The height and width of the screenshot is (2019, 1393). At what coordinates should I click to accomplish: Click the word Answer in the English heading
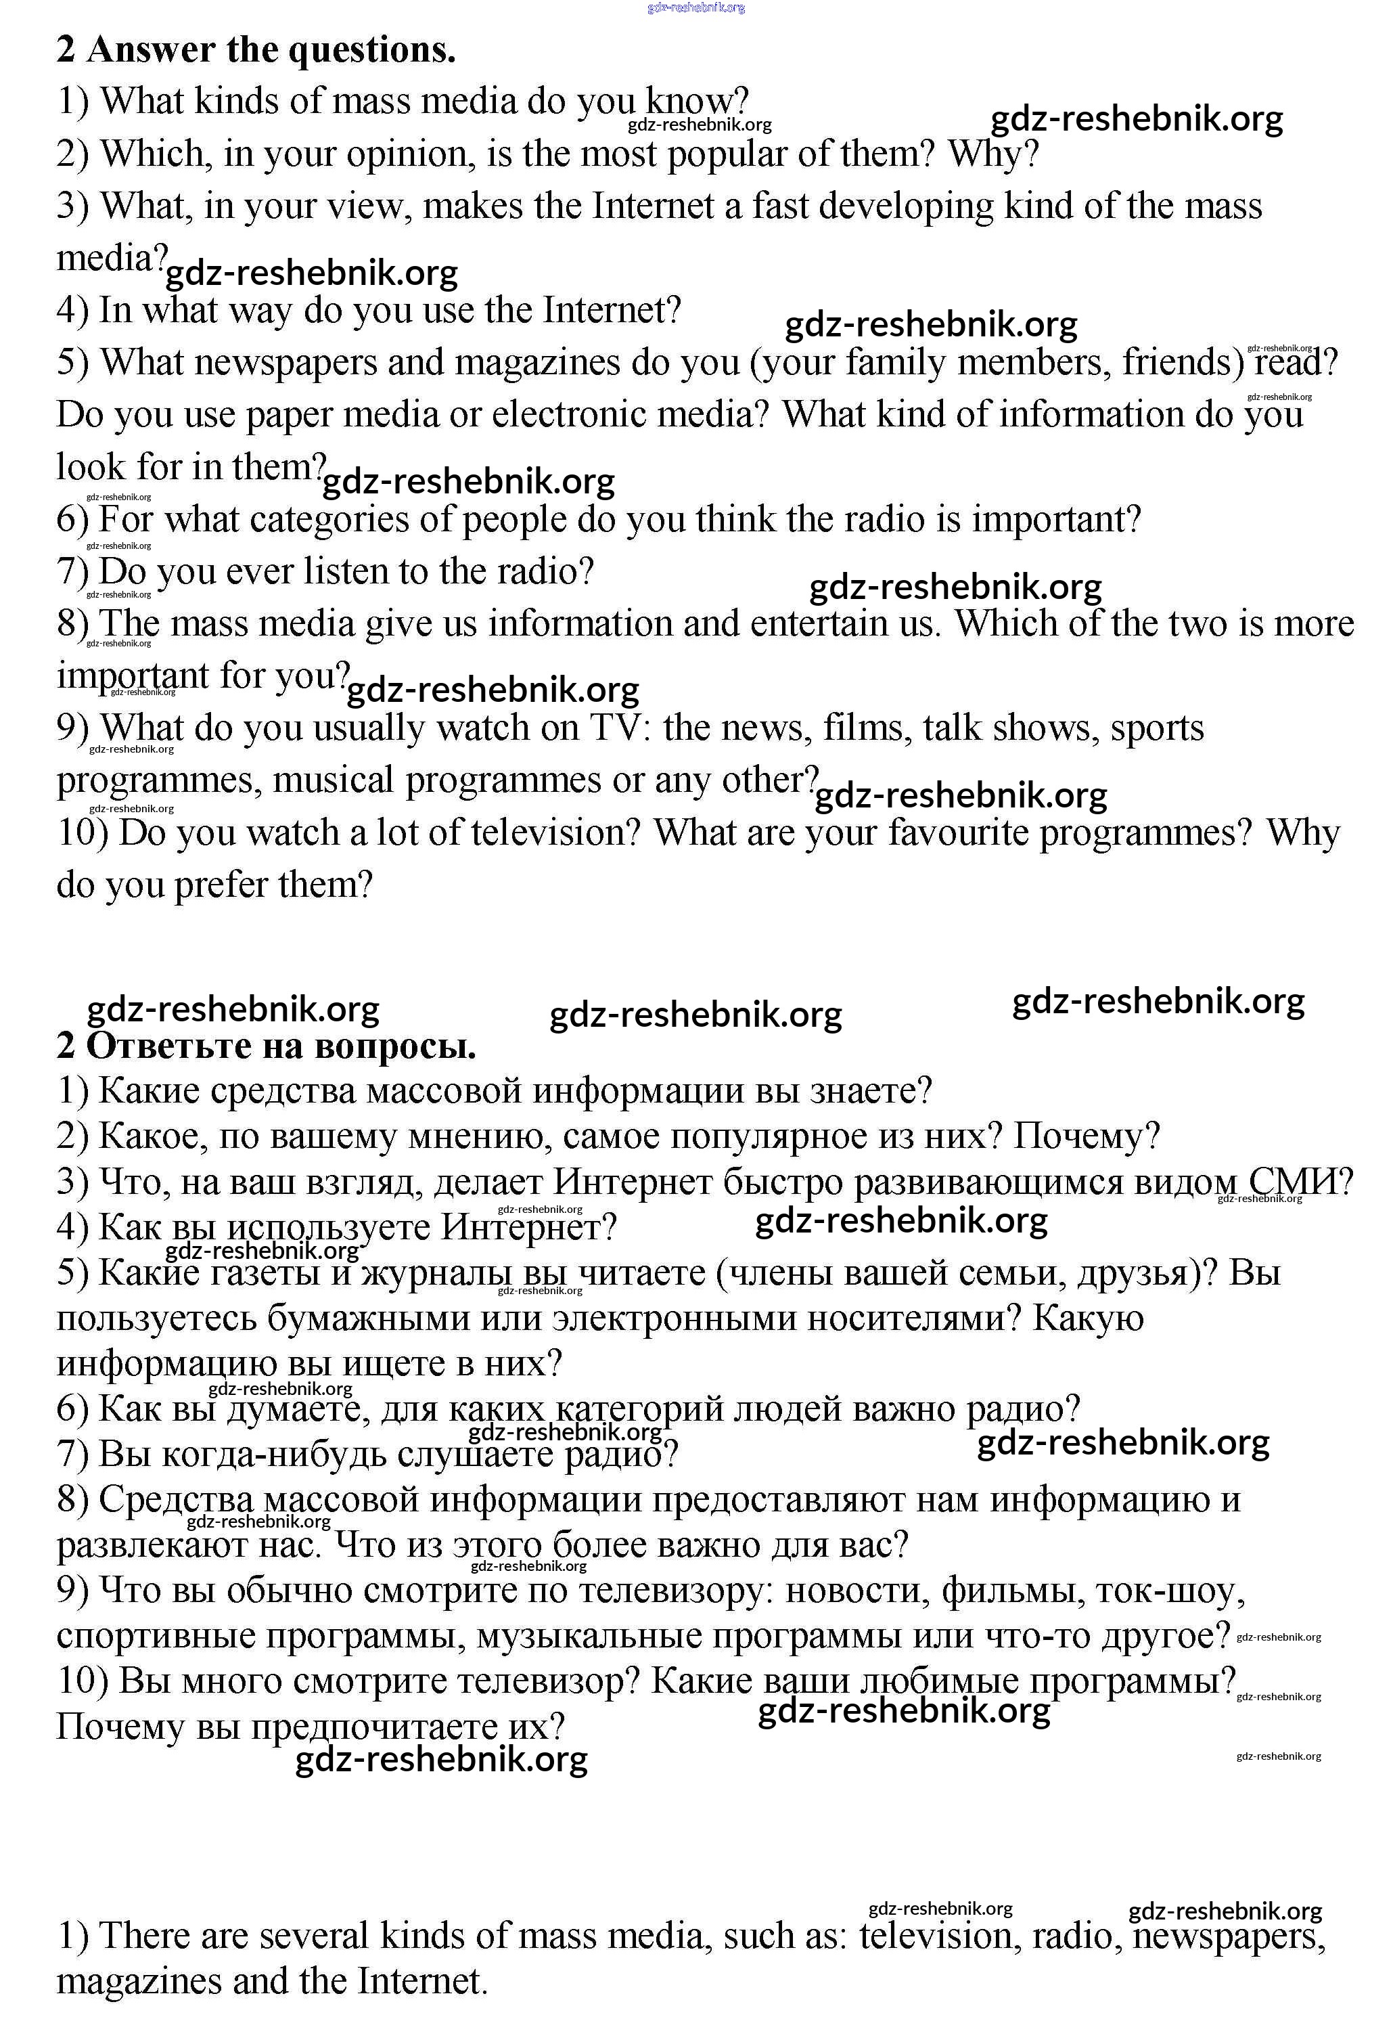[x=150, y=50]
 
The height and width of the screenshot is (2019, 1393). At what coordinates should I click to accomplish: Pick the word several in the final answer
[x=313, y=1935]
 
